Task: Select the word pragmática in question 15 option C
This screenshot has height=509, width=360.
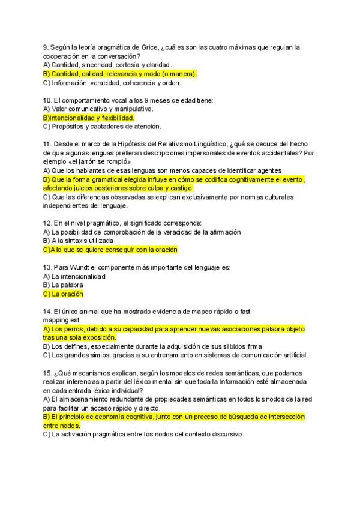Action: pos(98,435)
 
